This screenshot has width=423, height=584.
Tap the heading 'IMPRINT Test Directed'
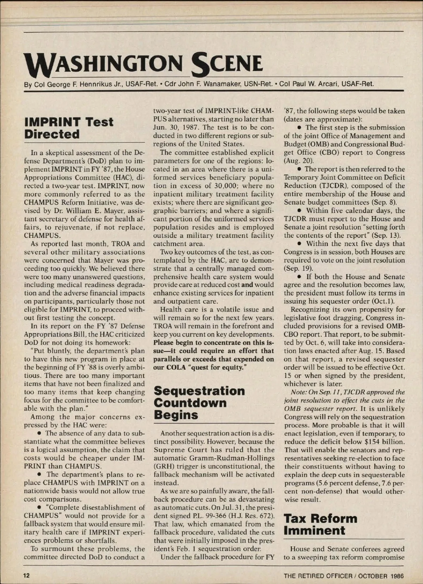[69, 128]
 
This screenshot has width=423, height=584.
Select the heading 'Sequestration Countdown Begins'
[200, 402]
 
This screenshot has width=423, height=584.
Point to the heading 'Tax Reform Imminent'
[320, 524]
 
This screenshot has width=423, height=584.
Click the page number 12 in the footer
[27, 576]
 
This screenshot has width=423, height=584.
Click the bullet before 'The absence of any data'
[40, 434]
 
